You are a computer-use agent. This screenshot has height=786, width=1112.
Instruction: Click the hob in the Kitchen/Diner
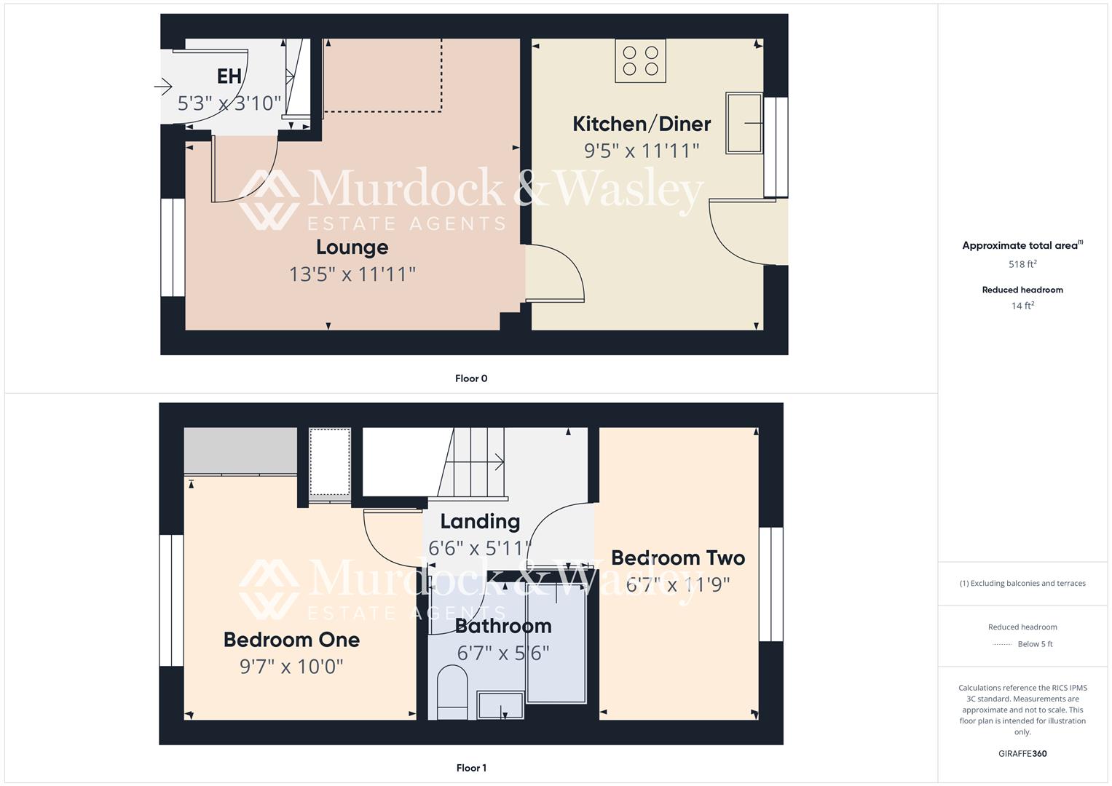coord(640,61)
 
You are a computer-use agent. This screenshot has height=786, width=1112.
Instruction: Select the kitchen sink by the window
coord(744,123)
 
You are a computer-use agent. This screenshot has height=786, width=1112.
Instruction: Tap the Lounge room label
coord(352,247)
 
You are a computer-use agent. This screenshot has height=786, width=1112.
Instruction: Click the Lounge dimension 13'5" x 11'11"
coord(352,274)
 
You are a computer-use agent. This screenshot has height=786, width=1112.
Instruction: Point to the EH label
coord(229,76)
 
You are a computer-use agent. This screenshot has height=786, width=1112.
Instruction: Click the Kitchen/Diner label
coord(641,124)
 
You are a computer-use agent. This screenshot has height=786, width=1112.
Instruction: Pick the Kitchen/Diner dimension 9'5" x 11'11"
coord(641,151)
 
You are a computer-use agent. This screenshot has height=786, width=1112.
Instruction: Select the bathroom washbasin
coord(500,704)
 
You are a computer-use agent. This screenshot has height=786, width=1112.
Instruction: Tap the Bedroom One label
coord(291,640)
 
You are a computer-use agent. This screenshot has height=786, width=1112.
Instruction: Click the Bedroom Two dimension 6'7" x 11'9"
coord(677,584)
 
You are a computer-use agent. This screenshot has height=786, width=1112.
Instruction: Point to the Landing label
coord(480,521)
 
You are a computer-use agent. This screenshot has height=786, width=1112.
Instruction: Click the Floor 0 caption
coord(471,378)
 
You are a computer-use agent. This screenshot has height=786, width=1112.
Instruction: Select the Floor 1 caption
coord(471,768)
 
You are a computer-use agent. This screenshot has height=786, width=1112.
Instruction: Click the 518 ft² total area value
coord(1022,264)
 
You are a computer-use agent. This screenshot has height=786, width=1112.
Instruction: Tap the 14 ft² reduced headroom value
coord(1022,306)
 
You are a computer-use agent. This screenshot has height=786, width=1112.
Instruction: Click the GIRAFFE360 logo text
coord(1022,753)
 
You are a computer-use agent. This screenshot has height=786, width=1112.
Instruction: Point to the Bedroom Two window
coord(770,584)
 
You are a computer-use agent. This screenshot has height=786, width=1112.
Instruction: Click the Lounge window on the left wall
coord(173,247)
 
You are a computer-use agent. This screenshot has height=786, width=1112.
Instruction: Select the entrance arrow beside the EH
coord(163,87)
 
